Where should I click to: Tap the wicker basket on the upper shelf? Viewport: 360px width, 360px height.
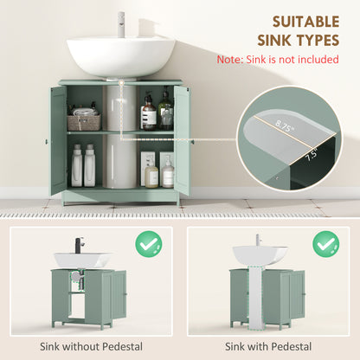(84, 122)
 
